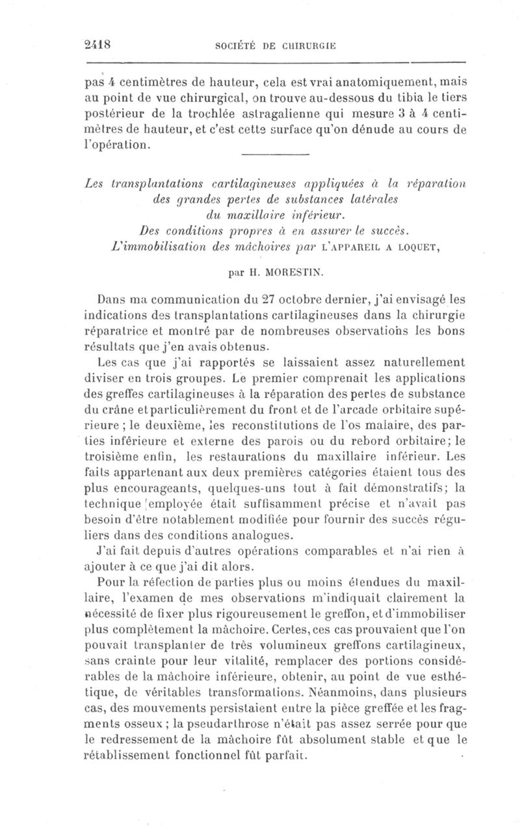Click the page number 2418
(99, 45)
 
